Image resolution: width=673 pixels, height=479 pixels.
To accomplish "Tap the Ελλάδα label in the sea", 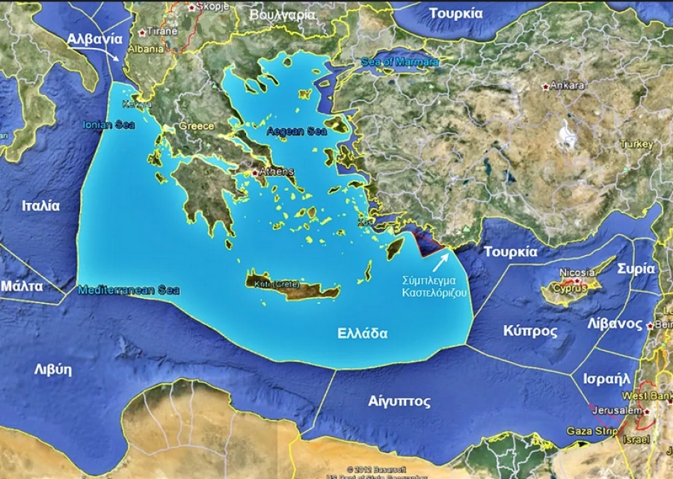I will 363,333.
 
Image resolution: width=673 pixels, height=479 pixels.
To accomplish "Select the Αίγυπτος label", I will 399,401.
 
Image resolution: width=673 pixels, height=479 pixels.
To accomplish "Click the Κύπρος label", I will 530,331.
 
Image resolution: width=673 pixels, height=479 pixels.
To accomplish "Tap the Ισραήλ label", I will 606,378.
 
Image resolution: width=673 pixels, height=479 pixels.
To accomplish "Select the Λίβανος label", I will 615,324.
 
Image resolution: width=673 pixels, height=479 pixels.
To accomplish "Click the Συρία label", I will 636,269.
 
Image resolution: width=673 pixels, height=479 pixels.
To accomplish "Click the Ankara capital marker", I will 547,86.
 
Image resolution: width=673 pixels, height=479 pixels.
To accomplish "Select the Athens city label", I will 276,171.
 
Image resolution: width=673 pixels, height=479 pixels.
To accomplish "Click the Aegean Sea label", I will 297,131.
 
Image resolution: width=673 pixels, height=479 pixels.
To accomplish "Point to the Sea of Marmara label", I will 400,61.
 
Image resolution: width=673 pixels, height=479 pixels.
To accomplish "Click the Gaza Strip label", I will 591,431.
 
